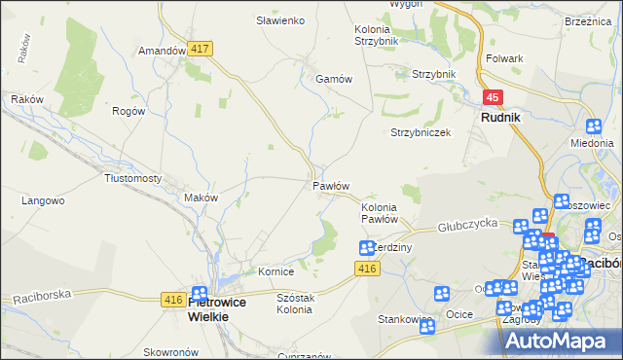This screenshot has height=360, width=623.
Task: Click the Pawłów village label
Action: pyautogui.click(x=330, y=185)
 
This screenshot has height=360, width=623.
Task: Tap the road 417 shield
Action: pyautogui.click(x=202, y=48)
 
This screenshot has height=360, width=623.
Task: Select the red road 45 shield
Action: pyautogui.click(x=494, y=97)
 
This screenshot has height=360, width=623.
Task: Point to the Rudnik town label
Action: pyautogui.click(x=499, y=117)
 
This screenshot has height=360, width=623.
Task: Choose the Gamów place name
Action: pyautogui.click(x=332, y=79)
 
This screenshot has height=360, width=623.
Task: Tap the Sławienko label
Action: pyautogui.click(x=280, y=20)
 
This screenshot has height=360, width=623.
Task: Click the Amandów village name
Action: pyautogui.click(x=162, y=51)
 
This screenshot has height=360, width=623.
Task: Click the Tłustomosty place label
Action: pyautogui.click(x=132, y=179)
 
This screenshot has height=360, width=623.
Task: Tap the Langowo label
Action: pyautogui.click(x=43, y=201)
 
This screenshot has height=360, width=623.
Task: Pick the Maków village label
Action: pyautogui.click(x=201, y=198)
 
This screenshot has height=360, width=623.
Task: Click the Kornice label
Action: pyautogui.click(x=275, y=271)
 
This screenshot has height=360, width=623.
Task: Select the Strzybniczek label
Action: pyautogui.click(x=421, y=132)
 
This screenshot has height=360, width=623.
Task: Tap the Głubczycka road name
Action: pyautogui.click(x=467, y=224)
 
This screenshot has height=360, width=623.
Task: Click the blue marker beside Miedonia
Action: pyautogui.click(x=595, y=126)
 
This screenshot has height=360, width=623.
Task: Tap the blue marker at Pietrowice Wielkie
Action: pyautogui.click(x=200, y=293)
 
